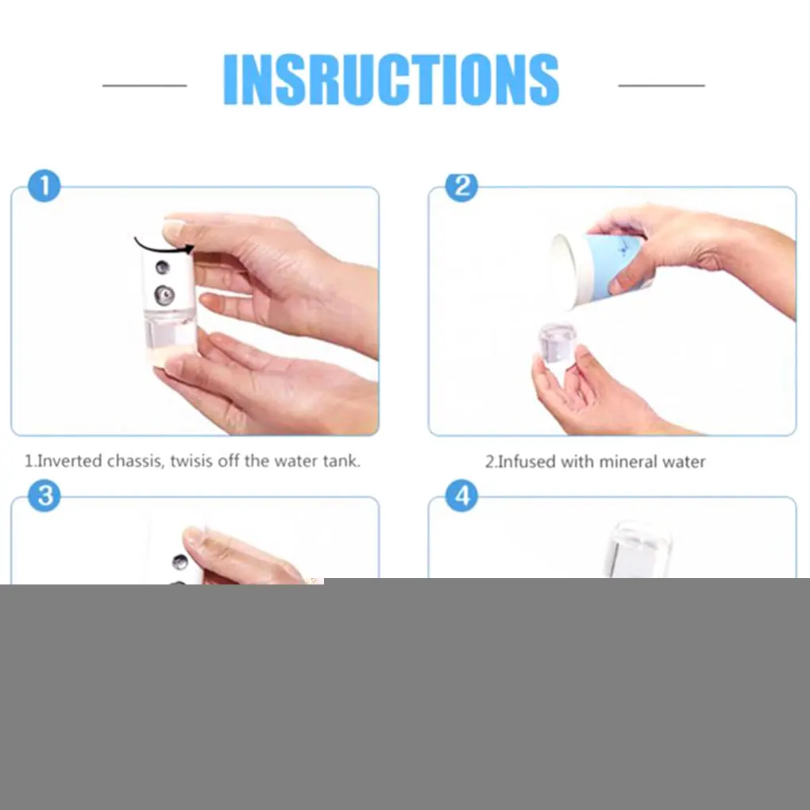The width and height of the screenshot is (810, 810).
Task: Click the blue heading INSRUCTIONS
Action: [391, 79]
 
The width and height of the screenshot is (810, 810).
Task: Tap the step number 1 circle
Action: [44, 186]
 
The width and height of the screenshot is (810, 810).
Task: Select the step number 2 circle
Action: [462, 187]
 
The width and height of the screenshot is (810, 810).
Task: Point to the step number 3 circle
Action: [44, 496]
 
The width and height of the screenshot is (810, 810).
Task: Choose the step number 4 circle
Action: [462, 496]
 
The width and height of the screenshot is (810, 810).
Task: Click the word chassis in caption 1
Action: [136, 461]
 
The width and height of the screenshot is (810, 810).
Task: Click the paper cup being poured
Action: [600, 270]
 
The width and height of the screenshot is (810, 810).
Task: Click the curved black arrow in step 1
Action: [164, 245]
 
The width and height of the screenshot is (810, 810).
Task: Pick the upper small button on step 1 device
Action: [162, 267]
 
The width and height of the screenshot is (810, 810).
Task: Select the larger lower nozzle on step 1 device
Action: [165, 295]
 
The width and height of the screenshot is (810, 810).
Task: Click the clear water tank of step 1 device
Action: [170, 337]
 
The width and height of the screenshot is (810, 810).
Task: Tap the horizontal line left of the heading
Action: [145, 85]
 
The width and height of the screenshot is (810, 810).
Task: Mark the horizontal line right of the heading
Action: [661, 85]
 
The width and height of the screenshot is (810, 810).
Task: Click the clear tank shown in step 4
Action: [638, 550]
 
